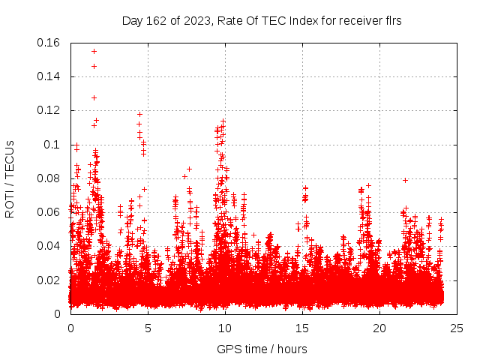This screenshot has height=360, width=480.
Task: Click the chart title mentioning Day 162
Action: click(262, 21)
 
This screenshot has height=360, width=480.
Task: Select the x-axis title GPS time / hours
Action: click(262, 349)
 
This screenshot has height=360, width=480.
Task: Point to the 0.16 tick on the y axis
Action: click(49, 43)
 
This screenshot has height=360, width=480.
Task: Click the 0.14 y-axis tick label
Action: click(49, 76)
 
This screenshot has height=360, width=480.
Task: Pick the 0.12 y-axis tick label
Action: click(49, 110)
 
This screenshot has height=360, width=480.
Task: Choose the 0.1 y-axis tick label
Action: click(52, 144)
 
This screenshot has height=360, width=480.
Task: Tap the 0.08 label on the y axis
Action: click(49, 178)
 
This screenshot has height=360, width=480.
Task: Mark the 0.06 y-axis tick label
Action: click(49, 212)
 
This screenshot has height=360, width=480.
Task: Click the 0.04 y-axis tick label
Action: click(49, 246)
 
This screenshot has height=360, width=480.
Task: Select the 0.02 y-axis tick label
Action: click(49, 280)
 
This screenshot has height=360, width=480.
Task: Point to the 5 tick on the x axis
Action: click(148, 328)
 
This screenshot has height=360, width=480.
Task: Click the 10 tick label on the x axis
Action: click(225, 328)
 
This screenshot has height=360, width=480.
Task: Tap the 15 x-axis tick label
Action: click(302, 328)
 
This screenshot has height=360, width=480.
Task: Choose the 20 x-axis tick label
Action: click(379, 328)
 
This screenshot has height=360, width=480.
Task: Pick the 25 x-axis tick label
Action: click(457, 328)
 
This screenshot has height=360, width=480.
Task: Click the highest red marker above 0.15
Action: click(94, 51)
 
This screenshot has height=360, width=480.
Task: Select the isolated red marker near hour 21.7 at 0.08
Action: click(405, 180)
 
